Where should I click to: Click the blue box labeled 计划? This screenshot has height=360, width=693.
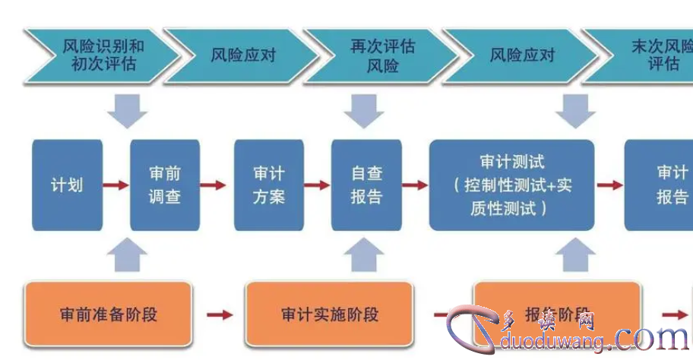67,185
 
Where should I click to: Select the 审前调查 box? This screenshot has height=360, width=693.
165,185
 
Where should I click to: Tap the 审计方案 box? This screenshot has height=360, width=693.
268,185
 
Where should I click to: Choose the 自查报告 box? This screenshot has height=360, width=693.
365,185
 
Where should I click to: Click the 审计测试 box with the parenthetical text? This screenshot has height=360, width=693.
511,185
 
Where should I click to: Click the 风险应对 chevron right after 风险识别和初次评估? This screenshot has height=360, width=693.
240,55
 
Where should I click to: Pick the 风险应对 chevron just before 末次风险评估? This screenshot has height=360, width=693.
520,55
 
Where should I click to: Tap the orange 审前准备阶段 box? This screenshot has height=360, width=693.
108,314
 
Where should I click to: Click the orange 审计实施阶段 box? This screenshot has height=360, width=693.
329,314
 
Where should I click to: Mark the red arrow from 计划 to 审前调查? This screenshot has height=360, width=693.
115,185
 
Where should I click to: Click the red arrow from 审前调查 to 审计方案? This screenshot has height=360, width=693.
216,185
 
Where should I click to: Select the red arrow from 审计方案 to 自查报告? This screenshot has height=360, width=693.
317,185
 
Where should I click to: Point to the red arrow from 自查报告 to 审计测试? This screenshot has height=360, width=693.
415,185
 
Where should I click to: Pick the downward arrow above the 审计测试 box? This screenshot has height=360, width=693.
575,112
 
